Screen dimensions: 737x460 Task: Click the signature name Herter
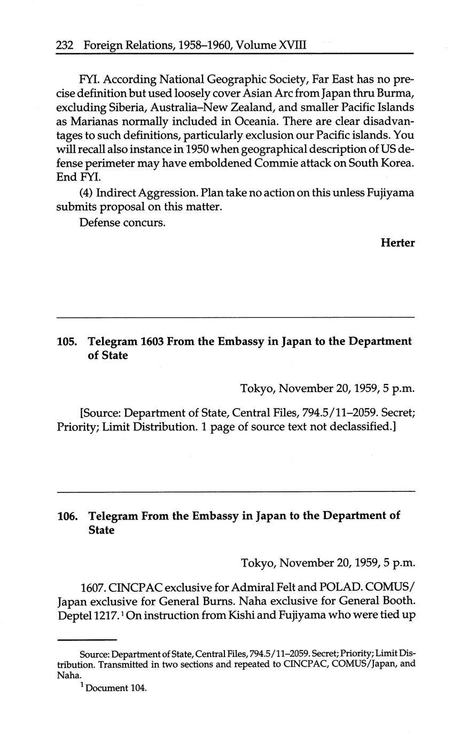pyautogui.click(x=397, y=243)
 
